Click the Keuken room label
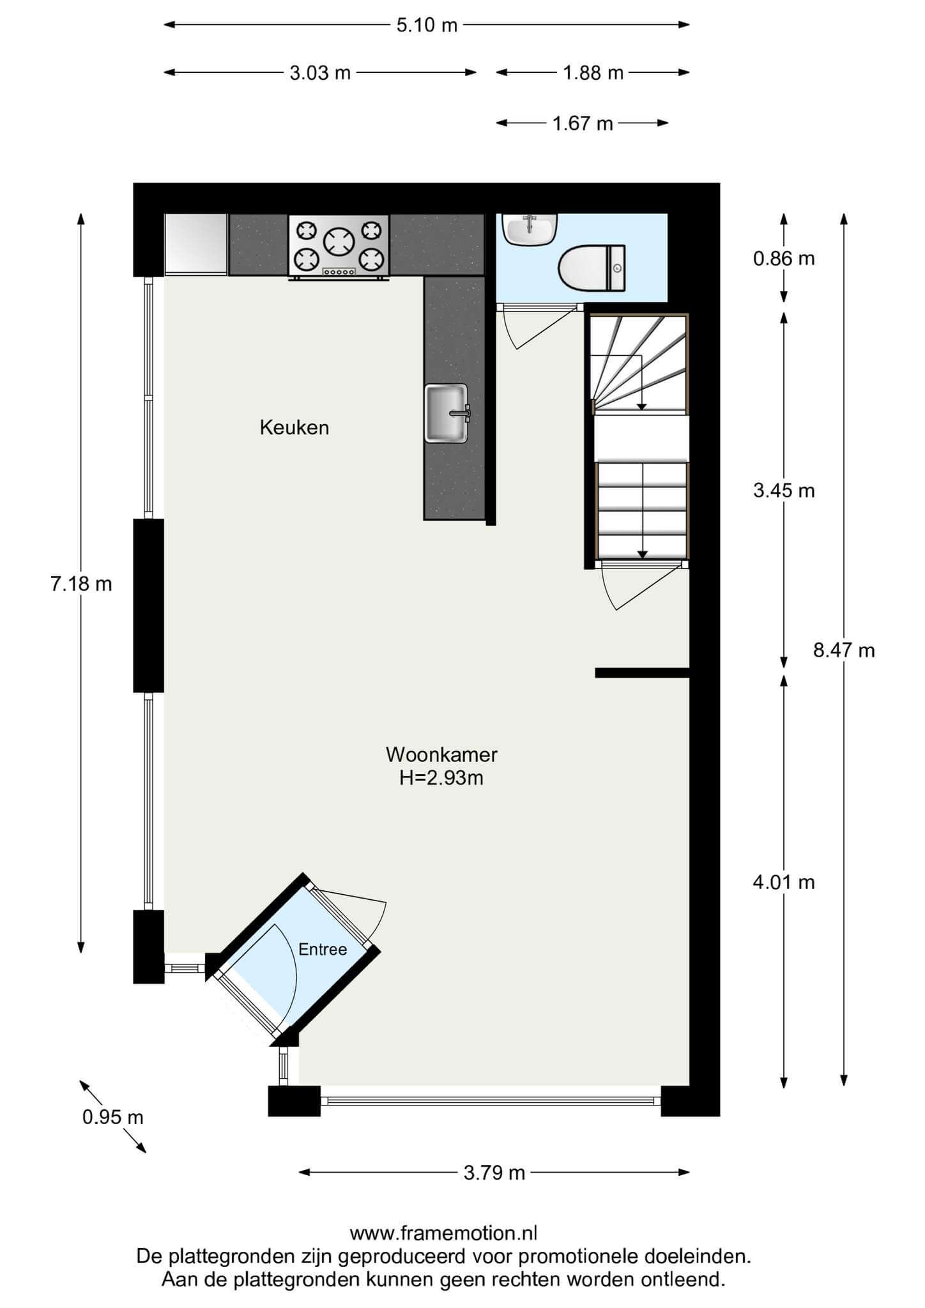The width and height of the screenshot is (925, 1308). coord(294,427)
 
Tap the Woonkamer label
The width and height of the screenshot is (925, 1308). coord(441,754)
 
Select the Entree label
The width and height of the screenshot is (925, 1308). coord(323,950)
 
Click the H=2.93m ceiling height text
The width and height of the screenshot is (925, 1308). coord(441,778)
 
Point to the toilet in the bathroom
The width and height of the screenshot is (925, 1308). coord(592,268)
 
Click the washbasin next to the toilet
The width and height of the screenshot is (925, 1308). coord(530,229)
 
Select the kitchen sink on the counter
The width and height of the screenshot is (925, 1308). coord(447,413)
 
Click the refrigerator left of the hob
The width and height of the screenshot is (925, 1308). coord(196,245)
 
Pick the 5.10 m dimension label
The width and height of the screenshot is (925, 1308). coord(427,25)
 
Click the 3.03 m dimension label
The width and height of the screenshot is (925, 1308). coord(320,73)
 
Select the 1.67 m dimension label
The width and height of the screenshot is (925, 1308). coord(583,123)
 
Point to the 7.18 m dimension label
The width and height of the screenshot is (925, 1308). coord(81,584)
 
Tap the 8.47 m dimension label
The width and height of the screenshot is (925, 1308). coord(844,650)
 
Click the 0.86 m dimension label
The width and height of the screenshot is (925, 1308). coord(784,259)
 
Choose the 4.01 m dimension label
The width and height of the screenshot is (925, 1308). coord(784,882)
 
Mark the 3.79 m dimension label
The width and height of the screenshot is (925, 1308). coord(494,1173)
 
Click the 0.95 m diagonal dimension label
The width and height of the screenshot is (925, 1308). coord(113,1117)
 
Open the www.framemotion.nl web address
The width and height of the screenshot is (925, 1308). coord(443,1232)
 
